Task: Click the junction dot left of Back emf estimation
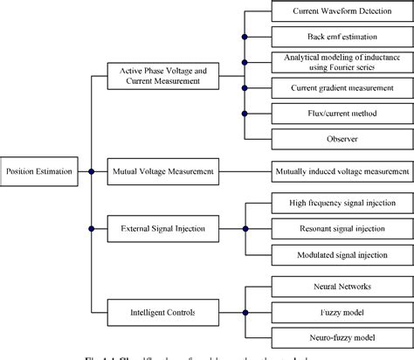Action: point(245,37)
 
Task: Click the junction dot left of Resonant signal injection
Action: point(245,229)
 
